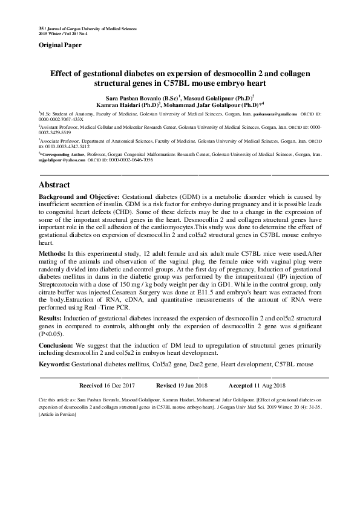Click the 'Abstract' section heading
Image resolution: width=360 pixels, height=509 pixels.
coord(55,184)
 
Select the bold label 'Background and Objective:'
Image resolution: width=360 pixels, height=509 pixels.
coord(79,198)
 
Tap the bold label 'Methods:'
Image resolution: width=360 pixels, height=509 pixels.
coord(53,252)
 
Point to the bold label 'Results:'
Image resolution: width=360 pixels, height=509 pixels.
coord(53,317)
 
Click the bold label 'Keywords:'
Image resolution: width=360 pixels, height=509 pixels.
coord(54,365)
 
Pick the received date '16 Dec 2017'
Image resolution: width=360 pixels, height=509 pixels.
coord(120,385)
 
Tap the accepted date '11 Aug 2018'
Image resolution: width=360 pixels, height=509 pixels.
coord(270,385)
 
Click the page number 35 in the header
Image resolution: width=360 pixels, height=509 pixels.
coord(41,29)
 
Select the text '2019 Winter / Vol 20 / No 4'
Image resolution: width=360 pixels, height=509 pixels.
coord(63,34)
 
